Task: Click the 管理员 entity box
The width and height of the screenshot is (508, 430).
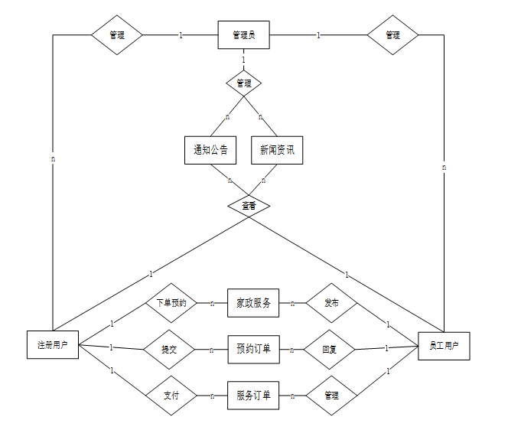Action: [243, 35]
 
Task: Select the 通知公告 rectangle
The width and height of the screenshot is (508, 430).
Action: [210, 149]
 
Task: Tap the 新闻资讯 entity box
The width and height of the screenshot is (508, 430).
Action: [276, 149]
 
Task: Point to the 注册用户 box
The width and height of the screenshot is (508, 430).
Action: [53, 345]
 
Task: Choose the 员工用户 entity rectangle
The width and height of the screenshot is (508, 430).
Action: [444, 346]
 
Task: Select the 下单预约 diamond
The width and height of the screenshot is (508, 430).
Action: [171, 303]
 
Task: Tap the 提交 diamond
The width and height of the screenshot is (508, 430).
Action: [169, 350]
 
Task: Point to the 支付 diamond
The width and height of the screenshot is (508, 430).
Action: [171, 396]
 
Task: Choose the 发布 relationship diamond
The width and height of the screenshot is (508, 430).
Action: [331, 304]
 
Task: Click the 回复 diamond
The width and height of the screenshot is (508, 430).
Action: [330, 350]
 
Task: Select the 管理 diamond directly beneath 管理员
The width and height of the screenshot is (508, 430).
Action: [244, 83]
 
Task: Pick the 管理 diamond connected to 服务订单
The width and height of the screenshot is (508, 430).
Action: [331, 396]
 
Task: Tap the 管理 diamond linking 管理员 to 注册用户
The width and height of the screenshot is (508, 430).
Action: [116, 35]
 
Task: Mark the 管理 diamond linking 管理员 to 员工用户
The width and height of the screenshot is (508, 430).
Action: [392, 35]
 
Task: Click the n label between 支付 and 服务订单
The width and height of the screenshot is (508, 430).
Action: [211, 396]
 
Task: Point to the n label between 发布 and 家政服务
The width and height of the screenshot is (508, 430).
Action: [291, 303]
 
